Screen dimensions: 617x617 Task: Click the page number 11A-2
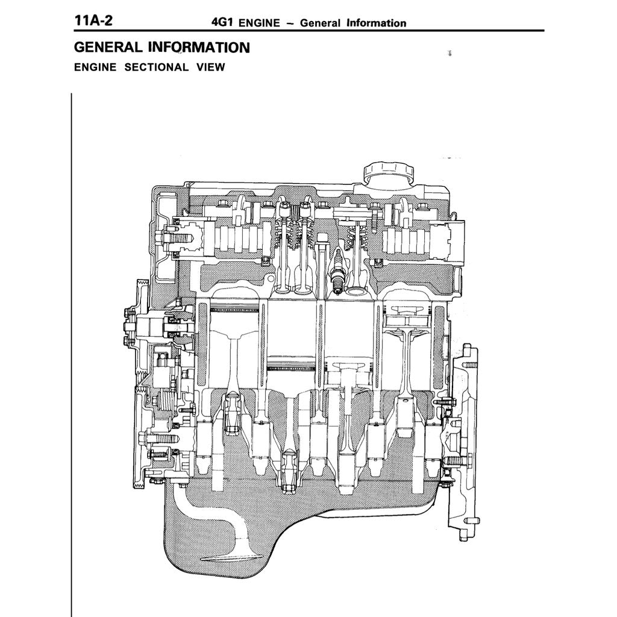point(93,20)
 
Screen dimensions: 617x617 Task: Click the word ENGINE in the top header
point(259,23)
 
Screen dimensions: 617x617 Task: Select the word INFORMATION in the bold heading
point(198,48)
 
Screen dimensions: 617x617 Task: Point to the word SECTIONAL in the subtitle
point(157,67)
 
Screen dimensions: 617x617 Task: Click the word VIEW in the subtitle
point(210,67)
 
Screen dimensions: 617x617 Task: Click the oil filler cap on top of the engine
point(388,172)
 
